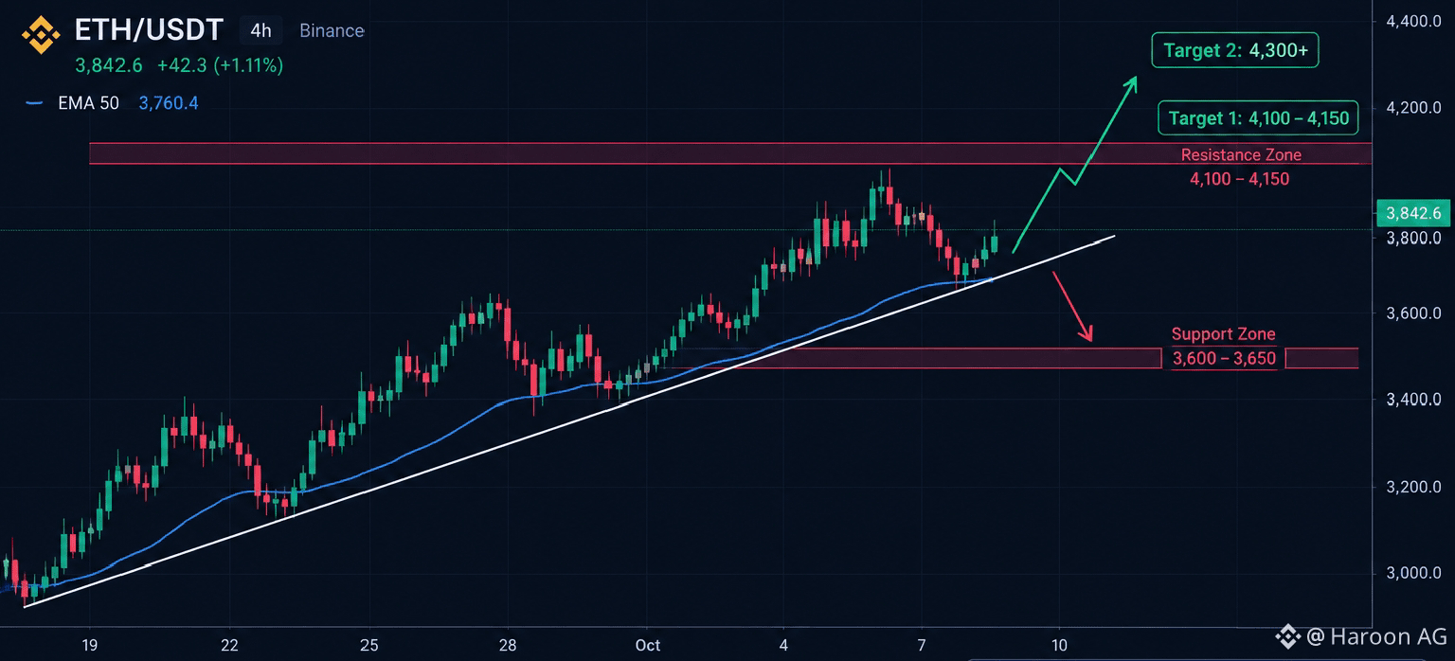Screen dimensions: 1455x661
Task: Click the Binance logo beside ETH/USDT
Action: (41, 34)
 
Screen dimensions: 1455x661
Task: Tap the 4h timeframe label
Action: (261, 30)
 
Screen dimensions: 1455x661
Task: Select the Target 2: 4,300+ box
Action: (1235, 50)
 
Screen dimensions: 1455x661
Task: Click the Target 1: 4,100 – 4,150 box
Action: (1258, 117)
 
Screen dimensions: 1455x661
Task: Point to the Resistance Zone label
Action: (1241, 154)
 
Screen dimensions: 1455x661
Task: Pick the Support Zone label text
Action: (1223, 333)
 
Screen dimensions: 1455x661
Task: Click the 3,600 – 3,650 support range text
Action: (1224, 358)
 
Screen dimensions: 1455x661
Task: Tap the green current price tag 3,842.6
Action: (1413, 213)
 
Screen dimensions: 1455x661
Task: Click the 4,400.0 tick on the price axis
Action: (1413, 21)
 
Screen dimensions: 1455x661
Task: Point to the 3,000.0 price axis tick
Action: (1413, 573)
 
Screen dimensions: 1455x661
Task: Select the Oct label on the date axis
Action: (648, 645)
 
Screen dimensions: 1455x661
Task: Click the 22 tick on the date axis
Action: (229, 645)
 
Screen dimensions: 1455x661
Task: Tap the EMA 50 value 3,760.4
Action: (169, 103)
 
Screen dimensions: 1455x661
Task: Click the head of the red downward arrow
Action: (1090, 340)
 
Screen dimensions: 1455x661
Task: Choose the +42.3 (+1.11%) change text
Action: (220, 65)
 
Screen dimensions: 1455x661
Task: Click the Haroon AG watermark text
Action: (1388, 636)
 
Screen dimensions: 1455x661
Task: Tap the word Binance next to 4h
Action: (332, 30)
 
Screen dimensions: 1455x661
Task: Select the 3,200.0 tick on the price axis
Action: (1413, 487)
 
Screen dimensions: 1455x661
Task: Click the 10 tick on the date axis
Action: (1059, 645)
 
